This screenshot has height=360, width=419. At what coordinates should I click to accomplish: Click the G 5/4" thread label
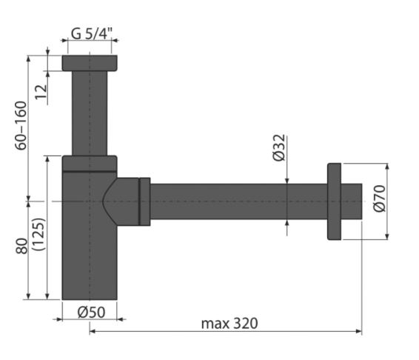click(91, 33)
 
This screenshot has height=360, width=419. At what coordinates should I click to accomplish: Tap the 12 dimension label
click(41, 92)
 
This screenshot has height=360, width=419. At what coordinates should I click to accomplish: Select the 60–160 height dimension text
click(21, 125)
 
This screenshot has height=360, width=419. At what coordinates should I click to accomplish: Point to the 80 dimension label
click(21, 246)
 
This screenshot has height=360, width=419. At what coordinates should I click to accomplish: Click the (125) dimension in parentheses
click(38, 234)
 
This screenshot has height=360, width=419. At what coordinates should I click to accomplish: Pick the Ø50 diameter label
click(91, 312)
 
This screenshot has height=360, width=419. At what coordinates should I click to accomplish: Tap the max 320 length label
click(229, 324)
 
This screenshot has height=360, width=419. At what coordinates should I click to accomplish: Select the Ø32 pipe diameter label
click(279, 148)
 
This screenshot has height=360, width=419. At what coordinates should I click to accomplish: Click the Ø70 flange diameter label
click(380, 199)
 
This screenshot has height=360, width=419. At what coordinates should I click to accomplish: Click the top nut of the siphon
click(90, 63)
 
